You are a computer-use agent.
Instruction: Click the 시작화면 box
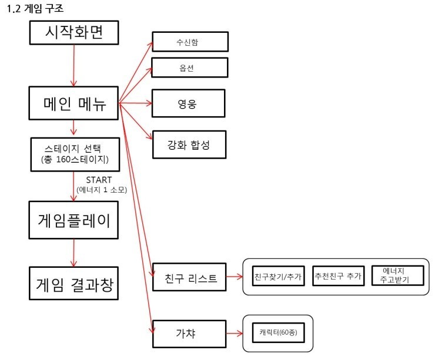coord(74,32)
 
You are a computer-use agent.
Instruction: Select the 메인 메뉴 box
coord(74,104)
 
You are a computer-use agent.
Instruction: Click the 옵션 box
coord(189,68)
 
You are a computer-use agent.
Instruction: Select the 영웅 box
coord(189,105)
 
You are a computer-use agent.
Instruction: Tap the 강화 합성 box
coord(189,144)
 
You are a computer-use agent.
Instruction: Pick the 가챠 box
coord(189,334)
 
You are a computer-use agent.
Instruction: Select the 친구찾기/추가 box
coord(278,275)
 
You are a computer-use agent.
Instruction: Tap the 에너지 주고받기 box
coord(399,275)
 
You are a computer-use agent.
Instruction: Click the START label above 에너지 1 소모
coord(99,180)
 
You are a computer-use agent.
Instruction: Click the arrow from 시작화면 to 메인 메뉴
coord(74,65)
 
